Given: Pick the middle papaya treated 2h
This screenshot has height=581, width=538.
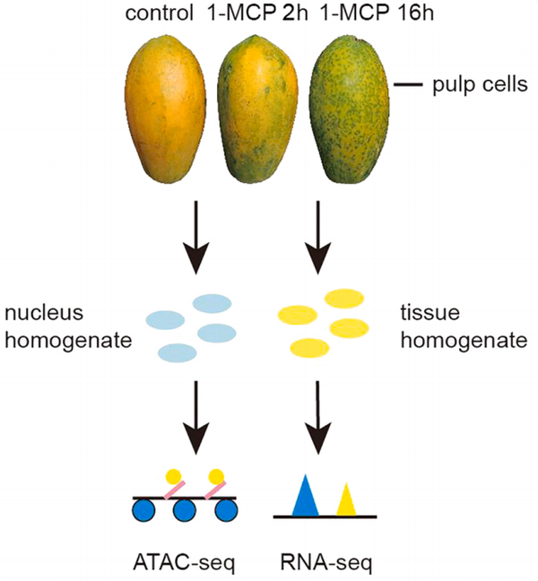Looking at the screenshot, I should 255,113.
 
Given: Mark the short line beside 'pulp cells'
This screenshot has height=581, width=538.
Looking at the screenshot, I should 408,85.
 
